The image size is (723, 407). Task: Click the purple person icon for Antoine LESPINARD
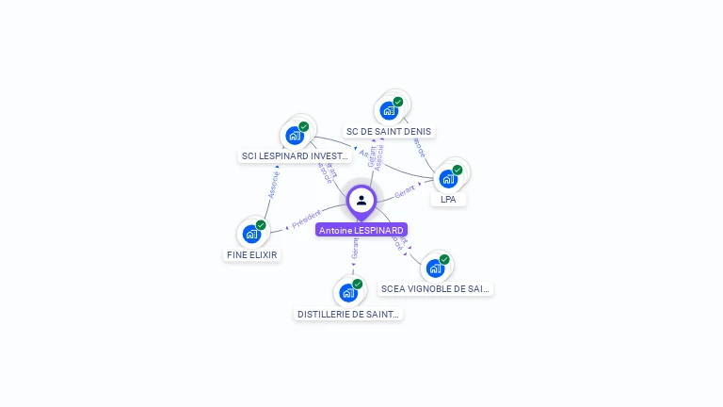pyautogui.click(x=361, y=201)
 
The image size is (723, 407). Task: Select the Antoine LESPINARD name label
pyautogui.click(x=361, y=230)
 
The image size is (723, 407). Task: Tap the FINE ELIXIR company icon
pyautogui.click(x=251, y=234)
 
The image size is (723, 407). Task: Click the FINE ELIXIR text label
pyautogui.click(x=253, y=254)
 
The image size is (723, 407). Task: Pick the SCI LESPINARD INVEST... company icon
pyautogui.click(x=295, y=135)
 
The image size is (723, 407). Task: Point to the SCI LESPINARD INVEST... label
pyautogui.click(x=295, y=156)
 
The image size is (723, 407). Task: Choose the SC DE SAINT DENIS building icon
pyautogui.click(x=389, y=110)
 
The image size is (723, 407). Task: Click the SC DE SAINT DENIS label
pyautogui.click(x=390, y=132)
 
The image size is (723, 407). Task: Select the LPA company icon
pyautogui.click(x=448, y=178)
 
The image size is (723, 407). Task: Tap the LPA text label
pyautogui.click(x=448, y=200)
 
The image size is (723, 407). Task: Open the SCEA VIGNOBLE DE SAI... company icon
pyautogui.click(x=435, y=269)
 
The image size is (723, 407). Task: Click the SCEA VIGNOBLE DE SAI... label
pyautogui.click(x=436, y=289)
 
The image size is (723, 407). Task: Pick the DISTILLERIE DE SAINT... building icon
pyautogui.click(x=348, y=292)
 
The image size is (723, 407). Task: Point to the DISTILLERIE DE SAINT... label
pyautogui.click(x=348, y=314)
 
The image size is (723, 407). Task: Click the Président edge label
pyautogui.click(x=306, y=220)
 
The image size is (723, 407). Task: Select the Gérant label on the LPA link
pyautogui.click(x=406, y=191)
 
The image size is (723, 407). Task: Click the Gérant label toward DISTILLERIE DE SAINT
pyautogui.click(x=355, y=249)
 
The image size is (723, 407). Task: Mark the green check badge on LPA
pyautogui.click(x=458, y=170)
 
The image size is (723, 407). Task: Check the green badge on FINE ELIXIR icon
pyautogui.click(x=261, y=225)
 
